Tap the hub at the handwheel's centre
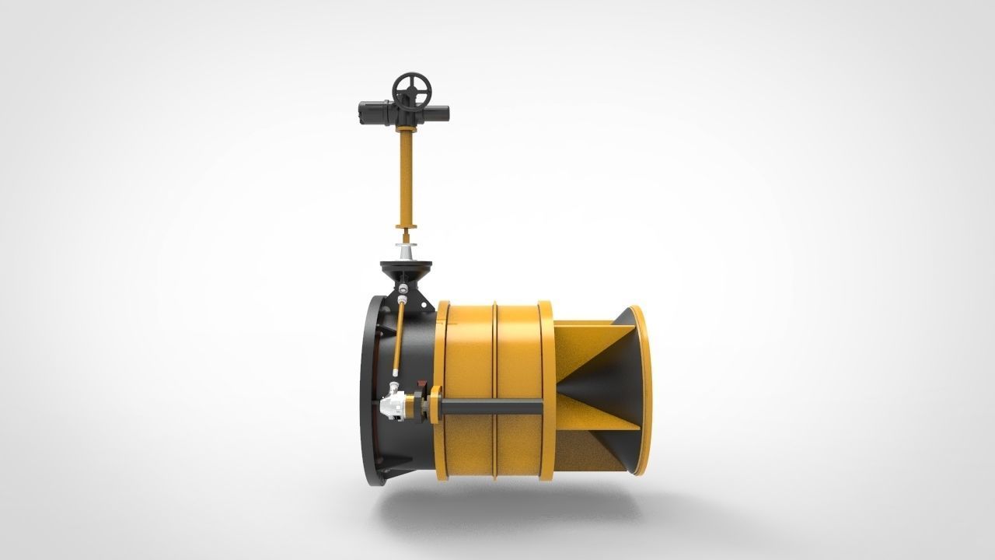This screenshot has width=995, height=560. (412, 92)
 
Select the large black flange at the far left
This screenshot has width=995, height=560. (367, 389)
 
